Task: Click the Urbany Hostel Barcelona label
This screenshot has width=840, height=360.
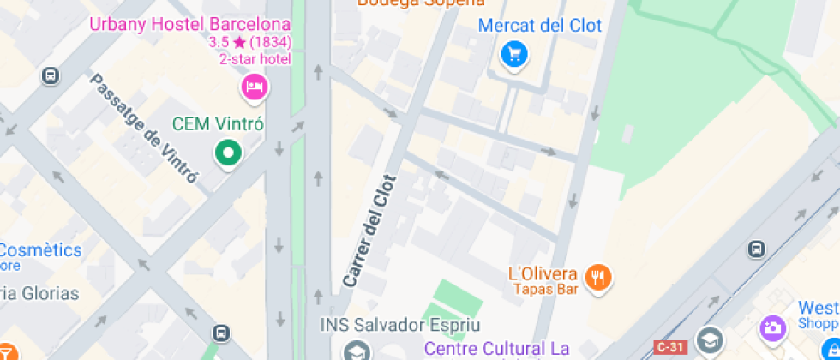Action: tap(190, 24)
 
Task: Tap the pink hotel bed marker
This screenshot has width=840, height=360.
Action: tap(254, 86)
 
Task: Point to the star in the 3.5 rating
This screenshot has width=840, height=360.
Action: tap(239, 41)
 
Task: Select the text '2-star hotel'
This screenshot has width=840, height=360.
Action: tap(255, 59)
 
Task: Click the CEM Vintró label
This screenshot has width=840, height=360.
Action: tap(218, 124)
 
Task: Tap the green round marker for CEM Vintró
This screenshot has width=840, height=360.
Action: tap(228, 154)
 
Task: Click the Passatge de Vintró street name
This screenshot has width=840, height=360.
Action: tap(144, 129)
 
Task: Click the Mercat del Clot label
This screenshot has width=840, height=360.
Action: tap(540, 26)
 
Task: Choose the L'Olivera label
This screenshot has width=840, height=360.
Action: tap(543, 274)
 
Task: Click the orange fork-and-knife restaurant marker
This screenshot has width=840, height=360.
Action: tap(597, 277)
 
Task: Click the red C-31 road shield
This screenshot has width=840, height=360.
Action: tap(670, 347)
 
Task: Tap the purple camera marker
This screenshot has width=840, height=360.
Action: tap(772, 327)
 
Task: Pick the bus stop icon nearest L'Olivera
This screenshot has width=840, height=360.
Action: tap(756, 249)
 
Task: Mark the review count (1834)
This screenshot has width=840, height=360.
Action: tap(271, 41)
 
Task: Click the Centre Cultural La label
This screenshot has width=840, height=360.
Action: tap(498, 348)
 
